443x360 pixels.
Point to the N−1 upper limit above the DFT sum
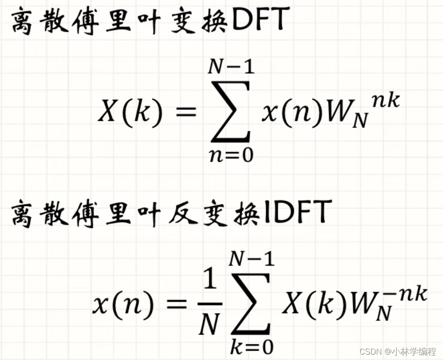(x=231, y=67)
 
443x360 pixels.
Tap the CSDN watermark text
(x=370, y=352)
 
